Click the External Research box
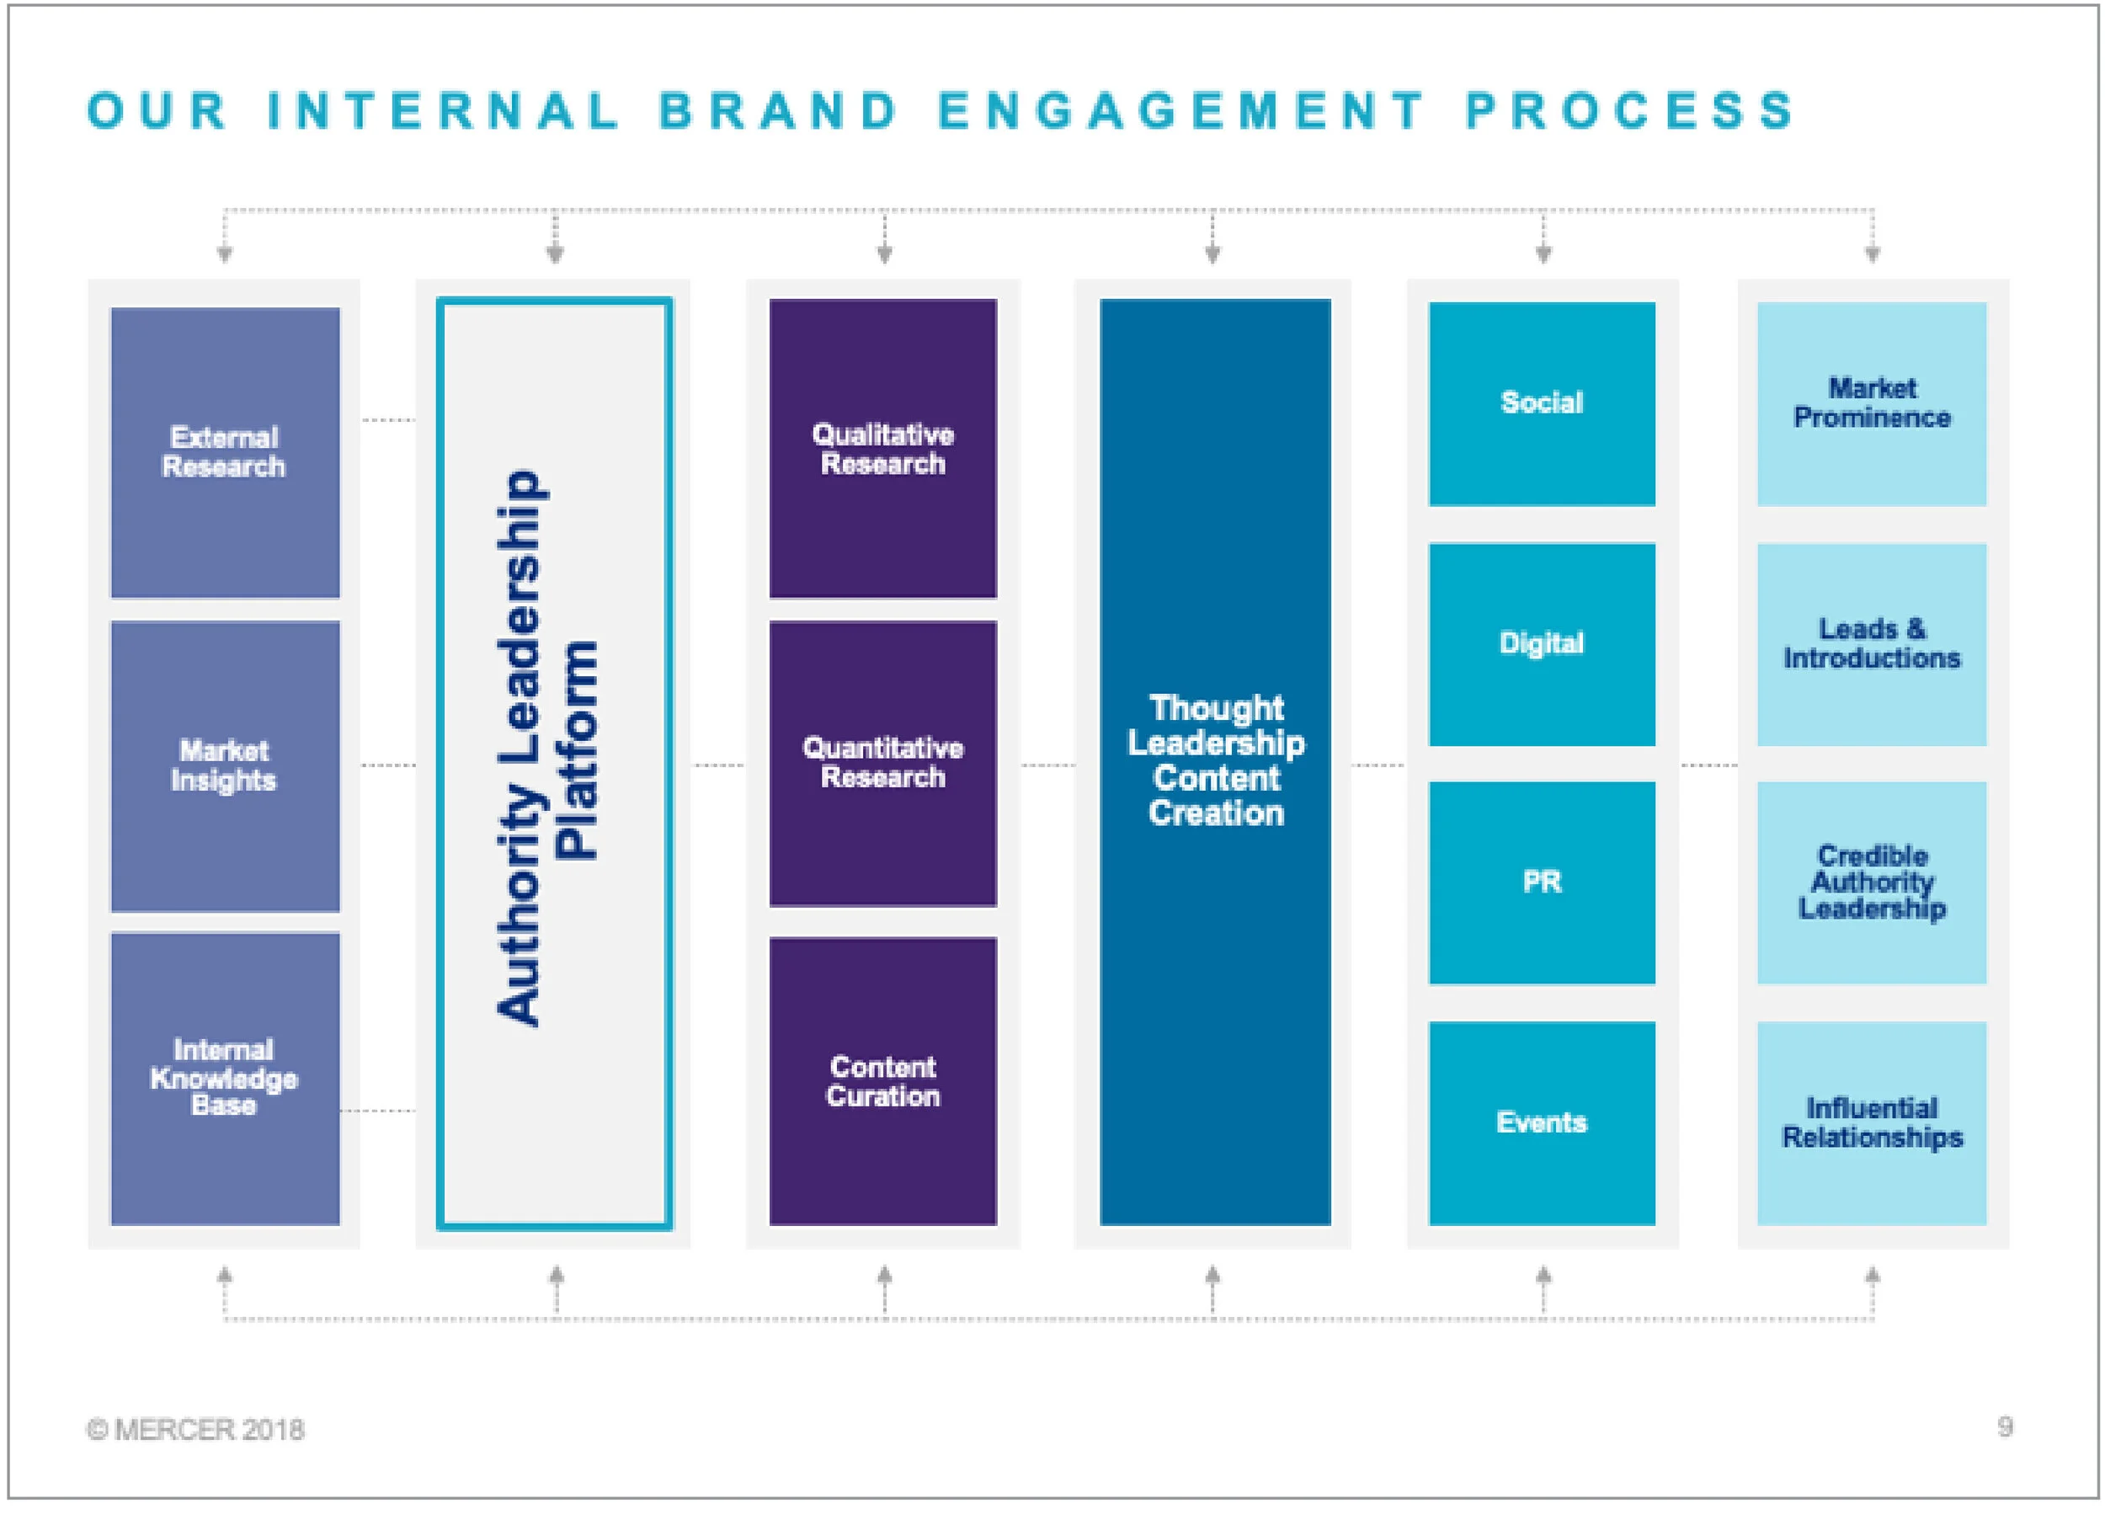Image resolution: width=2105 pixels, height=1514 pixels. (225, 452)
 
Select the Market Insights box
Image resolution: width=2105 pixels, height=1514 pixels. (225, 765)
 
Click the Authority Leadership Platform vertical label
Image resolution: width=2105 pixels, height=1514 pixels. (547, 747)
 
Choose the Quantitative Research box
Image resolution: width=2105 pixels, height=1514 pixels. (882, 762)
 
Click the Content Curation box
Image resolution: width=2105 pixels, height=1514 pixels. (882, 1080)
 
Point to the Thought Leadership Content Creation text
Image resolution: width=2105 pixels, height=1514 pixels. (1215, 760)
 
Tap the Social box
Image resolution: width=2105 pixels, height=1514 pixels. (1542, 402)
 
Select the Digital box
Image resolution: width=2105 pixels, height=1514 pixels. (1542, 643)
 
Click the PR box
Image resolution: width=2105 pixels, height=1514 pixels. (1542, 882)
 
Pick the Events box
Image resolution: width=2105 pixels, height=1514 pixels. (1542, 1122)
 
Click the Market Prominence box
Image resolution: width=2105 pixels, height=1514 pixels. (1871, 402)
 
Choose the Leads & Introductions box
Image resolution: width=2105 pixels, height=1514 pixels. (1871, 643)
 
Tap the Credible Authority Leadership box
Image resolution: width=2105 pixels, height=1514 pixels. (1871, 882)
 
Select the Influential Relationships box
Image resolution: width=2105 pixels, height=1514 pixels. (1871, 1122)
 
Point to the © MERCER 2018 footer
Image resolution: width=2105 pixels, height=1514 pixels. (195, 1429)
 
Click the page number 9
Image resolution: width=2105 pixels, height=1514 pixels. (2005, 1426)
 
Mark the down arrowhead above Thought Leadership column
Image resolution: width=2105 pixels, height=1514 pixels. (1212, 253)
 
